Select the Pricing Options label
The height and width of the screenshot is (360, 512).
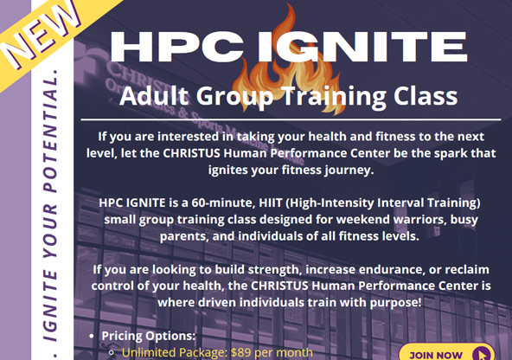[149, 336]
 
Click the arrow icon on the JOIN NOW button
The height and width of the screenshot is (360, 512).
[480, 352]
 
